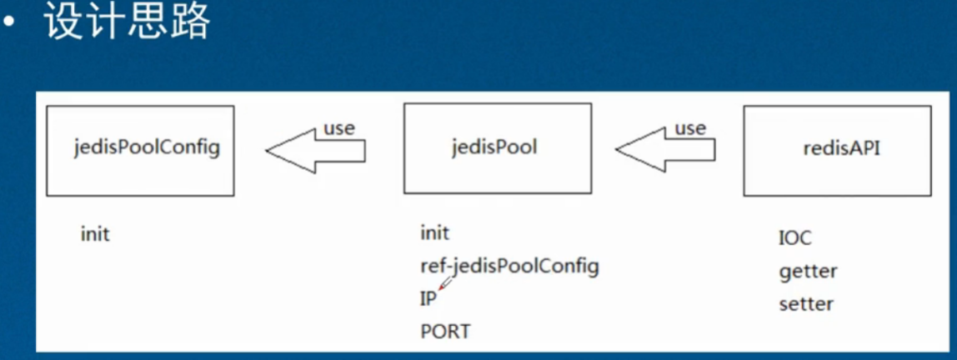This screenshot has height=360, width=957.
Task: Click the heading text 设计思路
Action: coord(128,23)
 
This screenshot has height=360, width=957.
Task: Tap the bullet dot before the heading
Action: coord(8,24)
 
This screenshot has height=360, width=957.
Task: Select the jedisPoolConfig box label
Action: coord(147,149)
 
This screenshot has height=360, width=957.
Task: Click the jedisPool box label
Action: coord(494,148)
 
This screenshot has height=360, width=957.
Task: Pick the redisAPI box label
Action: coord(842,148)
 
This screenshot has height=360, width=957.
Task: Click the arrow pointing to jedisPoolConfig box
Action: coord(316,151)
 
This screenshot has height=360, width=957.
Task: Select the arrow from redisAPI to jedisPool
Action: coord(665,150)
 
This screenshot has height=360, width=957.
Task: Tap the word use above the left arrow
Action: coord(338,128)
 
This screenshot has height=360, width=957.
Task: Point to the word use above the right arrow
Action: coord(689,128)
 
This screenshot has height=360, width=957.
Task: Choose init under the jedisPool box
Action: coord(434,233)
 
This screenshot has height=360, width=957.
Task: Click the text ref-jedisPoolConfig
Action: coord(509,267)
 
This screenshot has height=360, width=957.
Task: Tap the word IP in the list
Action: coord(428,300)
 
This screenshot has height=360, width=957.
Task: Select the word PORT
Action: coord(445,332)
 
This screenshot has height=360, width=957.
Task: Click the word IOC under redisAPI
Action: coord(795,238)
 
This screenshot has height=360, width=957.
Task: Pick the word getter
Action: coord(808,272)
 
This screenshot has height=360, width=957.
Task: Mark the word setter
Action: coord(806,303)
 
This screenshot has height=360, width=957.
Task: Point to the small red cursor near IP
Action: coord(445,283)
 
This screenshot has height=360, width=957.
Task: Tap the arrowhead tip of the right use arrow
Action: coord(616,150)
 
